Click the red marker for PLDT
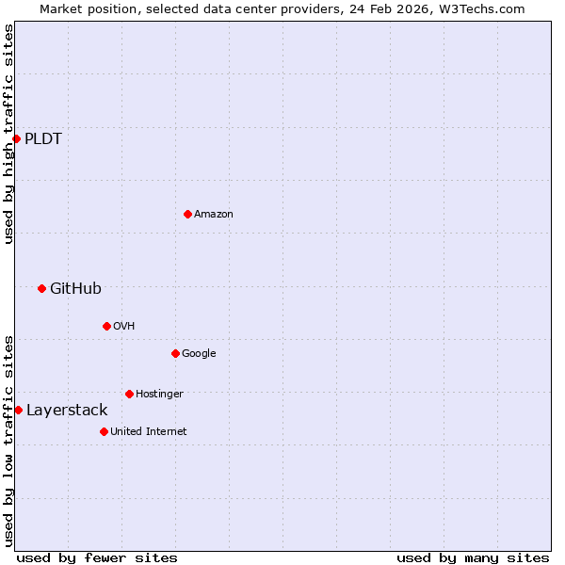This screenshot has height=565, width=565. [16, 139]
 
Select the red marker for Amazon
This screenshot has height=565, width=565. [187, 214]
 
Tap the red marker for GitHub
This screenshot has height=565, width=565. [41, 288]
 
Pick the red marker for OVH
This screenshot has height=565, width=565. [106, 326]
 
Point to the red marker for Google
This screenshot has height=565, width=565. [175, 353]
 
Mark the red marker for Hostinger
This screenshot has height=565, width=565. [129, 394]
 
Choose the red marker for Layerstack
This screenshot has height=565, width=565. [18, 410]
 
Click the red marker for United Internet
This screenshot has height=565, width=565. [104, 431]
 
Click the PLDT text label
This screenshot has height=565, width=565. [43, 139]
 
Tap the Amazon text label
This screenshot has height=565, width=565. [214, 214]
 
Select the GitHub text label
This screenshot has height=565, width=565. [75, 288]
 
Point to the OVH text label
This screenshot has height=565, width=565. [124, 326]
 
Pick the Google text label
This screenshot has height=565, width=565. [199, 353]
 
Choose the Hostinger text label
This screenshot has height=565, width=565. [159, 394]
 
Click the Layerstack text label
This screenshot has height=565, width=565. [67, 410]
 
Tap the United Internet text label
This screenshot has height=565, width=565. [149, 431]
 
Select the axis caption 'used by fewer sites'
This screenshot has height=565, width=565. [97, 557]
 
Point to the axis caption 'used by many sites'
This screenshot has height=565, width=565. [473, 557]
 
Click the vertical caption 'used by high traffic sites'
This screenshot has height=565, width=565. [8, 134]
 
